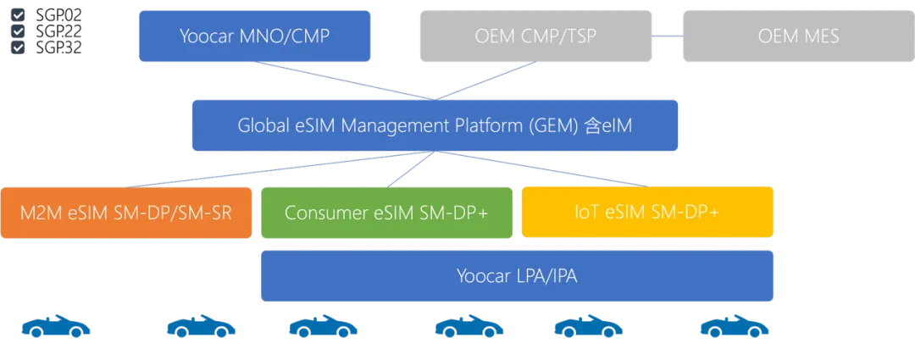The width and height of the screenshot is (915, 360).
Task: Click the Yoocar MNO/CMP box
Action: point(254,36)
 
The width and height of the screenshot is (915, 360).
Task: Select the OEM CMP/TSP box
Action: point(536,36)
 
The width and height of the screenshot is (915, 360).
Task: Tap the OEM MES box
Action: point(798,36)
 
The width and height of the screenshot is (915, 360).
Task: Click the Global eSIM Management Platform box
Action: point(435,125)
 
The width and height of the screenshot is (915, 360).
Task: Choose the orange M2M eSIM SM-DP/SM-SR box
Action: point(126,213)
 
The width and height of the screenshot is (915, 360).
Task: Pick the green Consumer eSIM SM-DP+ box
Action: point(386,213)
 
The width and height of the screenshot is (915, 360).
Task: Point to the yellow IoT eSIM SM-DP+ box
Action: point(648,213)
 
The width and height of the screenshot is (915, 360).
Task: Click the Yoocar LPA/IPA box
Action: point(517,276)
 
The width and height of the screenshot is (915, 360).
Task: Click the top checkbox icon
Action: point(18,14)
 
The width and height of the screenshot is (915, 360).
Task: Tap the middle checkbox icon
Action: point(18,30)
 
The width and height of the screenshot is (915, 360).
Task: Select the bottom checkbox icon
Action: point(18,47)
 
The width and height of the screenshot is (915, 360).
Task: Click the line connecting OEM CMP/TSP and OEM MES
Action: point(668,36)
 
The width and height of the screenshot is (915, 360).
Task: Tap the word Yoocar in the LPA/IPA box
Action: point(485,276)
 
